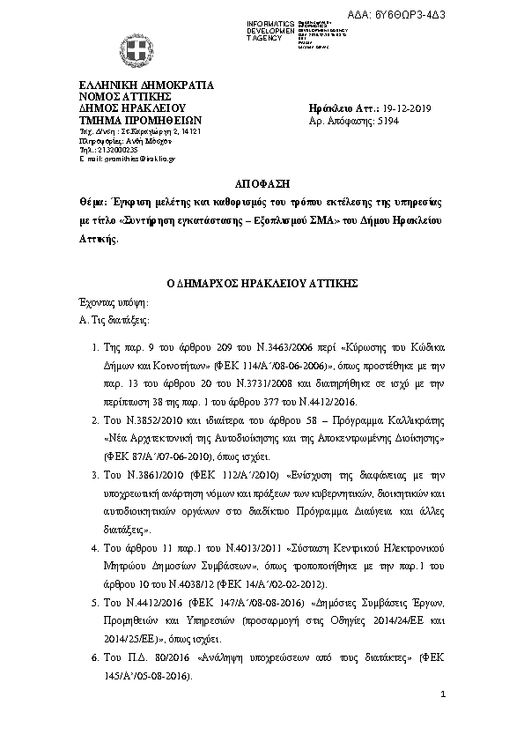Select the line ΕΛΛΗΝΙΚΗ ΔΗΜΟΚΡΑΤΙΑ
146,85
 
